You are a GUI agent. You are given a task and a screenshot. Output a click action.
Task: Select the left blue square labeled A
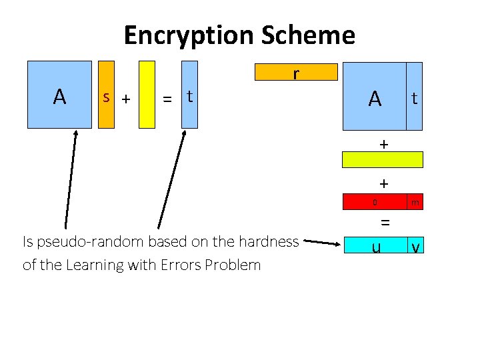click(x=59, y=94)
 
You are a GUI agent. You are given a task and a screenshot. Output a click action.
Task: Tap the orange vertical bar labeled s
click(x=106, y=94)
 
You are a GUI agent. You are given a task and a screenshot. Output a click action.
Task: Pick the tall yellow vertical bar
click(x=147, y=94)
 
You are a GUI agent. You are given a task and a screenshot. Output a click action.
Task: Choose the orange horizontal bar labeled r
click(x=296, y=71)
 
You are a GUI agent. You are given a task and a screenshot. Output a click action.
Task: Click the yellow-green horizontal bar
click(x=383, y=159)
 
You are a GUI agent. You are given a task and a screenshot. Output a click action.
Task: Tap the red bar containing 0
click(x=374, y=202)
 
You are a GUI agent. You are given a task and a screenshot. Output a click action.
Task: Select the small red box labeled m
click(x=415, y=202)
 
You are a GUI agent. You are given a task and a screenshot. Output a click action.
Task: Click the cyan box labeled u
click(x=376, y=245)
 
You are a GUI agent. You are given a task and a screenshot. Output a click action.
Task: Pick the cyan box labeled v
click(x=415, y=245)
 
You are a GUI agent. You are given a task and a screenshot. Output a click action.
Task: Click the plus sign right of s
click(x=125, y=99)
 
